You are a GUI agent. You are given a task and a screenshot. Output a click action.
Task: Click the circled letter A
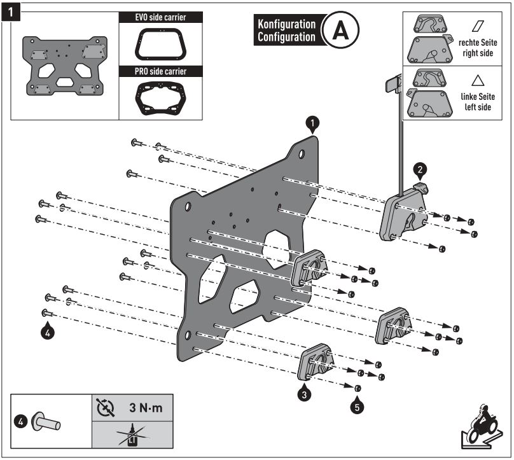[340, 30]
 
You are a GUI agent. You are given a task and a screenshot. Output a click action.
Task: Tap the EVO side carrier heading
[160, 17]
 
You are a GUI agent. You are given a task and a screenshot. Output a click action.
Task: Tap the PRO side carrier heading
[160, 72]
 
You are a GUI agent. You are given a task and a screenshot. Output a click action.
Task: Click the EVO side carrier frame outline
[160, 45]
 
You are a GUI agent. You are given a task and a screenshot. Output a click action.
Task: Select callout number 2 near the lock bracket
[419, 169]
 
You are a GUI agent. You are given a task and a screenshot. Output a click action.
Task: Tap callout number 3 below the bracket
[305, 394]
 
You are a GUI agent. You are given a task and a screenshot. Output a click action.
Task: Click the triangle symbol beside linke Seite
[477, 81]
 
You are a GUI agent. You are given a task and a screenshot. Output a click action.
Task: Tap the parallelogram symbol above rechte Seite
[477, 26]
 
